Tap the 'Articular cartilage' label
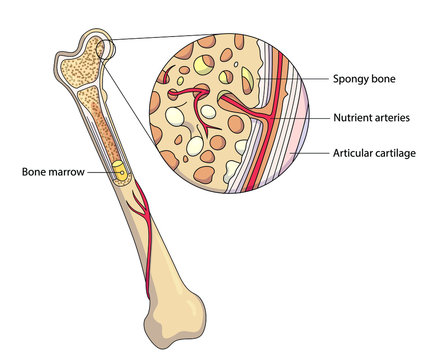tap(375, 154)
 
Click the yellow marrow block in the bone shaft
tap(119, 173)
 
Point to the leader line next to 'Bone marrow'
tap(100, 172)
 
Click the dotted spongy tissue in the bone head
tap(80, 65)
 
